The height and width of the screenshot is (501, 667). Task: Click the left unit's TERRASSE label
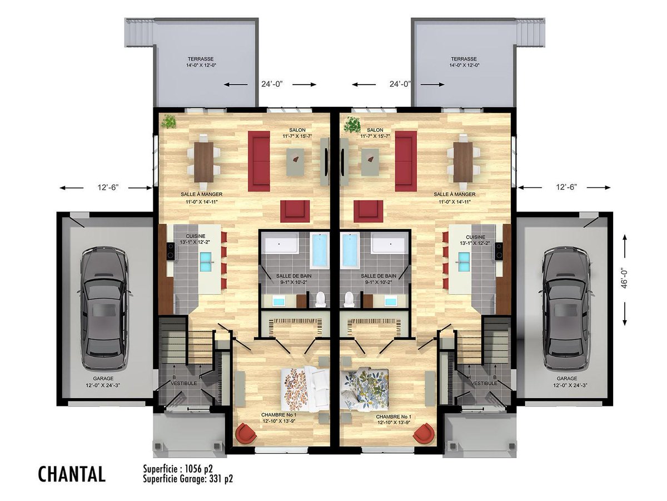click(200, 58)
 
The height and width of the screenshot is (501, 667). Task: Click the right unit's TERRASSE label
click(464, 58)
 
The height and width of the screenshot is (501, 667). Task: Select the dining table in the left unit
click(204, 163)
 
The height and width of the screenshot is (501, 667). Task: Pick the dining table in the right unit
click(463, 163)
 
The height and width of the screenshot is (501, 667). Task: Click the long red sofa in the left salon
click(259, 161)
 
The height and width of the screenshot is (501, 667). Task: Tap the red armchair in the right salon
click(368, 211)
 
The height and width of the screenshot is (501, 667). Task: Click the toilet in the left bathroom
click(320, 299)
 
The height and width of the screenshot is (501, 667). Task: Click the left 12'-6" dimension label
click(108, 188)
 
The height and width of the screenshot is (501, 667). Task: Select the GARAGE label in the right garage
click(567, 379)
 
